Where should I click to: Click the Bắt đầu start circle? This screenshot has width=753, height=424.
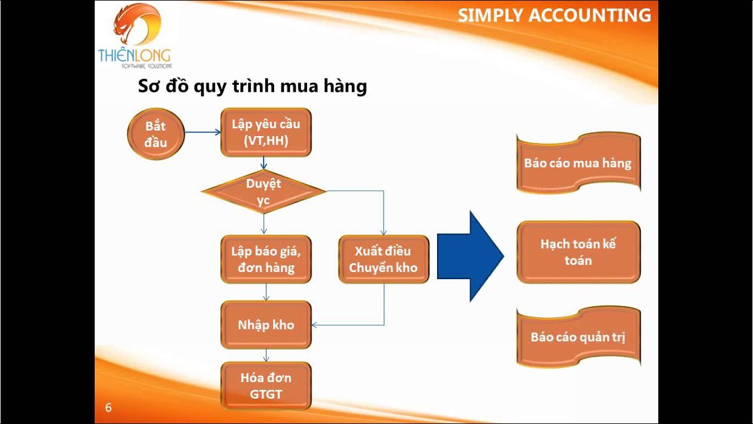point(156,134)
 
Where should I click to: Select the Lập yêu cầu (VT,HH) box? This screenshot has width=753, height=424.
point(266,132)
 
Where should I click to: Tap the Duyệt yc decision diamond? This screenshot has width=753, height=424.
point(264,191)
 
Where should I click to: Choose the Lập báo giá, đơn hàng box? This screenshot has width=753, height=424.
point(266,259)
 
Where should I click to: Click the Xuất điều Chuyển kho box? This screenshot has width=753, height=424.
point(384,259)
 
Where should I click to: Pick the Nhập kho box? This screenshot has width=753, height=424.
point(266,325)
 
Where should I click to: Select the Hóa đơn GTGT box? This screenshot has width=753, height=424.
point(266,386)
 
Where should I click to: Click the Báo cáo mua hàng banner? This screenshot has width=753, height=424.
point(578,163)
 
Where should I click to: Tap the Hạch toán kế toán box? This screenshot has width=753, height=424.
point(578,252)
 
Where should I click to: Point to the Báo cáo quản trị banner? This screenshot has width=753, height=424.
point(578,337)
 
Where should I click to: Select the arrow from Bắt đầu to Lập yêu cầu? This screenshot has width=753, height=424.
point(202,132)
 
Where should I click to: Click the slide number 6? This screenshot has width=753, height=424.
point(108,408)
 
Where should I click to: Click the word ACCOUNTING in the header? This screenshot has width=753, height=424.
point(590,15)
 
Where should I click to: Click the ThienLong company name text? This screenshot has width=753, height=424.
point(135,56)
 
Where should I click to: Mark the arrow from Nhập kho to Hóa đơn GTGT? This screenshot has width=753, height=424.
point(266,355)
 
